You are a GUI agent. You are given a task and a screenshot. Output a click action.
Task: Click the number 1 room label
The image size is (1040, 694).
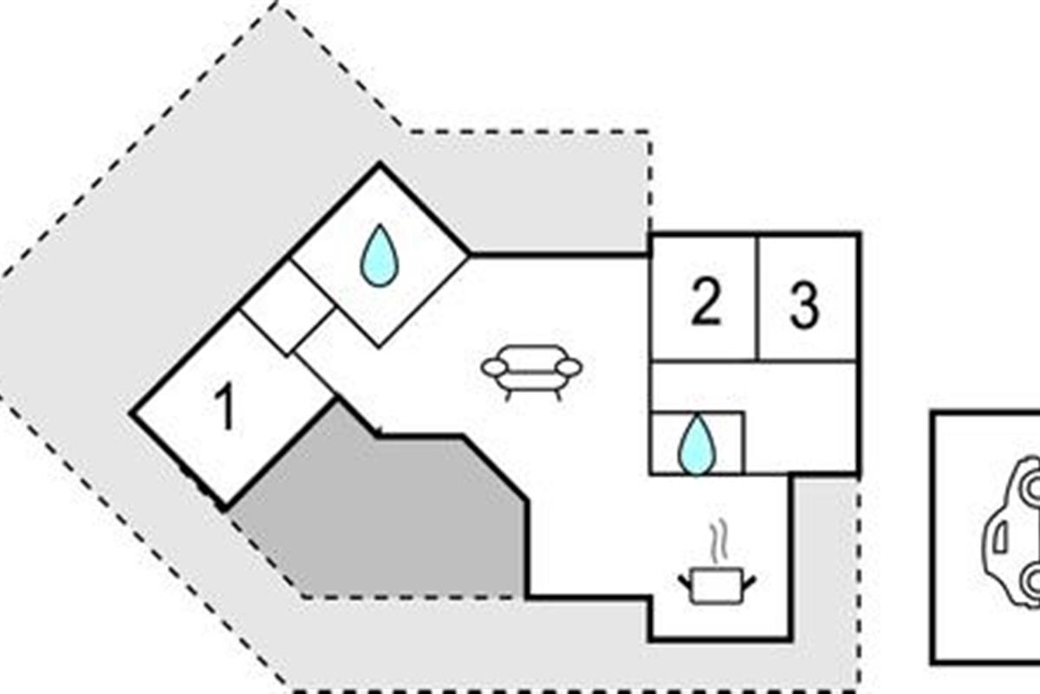point(225,406)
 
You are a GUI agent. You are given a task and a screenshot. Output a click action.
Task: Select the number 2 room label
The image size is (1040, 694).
point(706,303)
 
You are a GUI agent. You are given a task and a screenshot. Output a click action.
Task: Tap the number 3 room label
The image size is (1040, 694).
point(804,305)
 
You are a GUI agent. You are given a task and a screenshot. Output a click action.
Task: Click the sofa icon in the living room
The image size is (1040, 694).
point(531,372)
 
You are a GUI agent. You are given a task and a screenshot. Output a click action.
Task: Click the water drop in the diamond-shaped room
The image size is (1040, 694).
point(380,256)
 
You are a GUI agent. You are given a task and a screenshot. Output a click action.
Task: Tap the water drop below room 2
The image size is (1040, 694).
point(697,445)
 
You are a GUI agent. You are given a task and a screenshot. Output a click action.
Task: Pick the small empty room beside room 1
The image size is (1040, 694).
point(288,308)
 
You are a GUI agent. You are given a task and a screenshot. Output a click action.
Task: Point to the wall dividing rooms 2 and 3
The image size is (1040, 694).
point(757,298)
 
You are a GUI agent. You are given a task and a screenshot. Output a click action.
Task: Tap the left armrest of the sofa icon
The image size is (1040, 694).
point(494,368)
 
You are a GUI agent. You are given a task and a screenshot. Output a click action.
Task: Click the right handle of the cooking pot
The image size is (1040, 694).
point(749,582)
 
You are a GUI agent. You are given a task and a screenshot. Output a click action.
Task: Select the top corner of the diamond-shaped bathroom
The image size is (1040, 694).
point(380,165)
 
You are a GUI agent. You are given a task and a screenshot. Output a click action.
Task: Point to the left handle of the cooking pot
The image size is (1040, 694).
point(686,582)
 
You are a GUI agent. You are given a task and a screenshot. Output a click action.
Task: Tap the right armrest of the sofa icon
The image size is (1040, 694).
point(569,368)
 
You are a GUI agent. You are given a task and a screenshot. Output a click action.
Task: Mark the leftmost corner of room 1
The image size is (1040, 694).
point(132,412)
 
